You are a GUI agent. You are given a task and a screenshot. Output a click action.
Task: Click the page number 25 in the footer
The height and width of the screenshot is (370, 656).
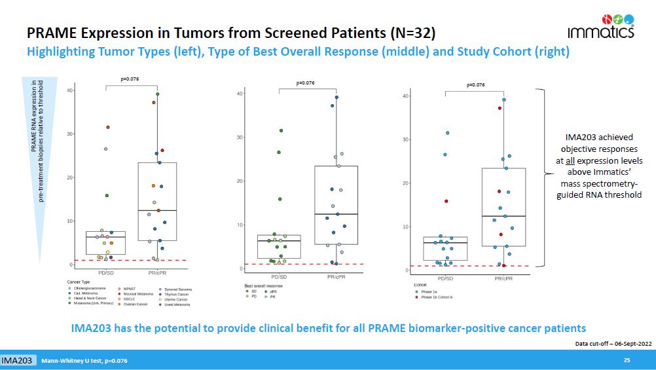point(627,361)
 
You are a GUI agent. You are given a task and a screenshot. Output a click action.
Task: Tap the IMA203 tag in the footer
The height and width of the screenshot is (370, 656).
point(18,361)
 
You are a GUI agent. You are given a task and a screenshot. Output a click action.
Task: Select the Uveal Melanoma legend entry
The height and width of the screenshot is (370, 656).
point(175,304)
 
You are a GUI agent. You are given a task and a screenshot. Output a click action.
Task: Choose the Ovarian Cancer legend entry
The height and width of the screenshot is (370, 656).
point(136,304)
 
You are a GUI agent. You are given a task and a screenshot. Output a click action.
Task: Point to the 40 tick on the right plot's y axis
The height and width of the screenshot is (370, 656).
point(405,96)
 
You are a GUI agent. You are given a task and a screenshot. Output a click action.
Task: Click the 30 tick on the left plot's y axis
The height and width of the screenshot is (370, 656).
point(69,134)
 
